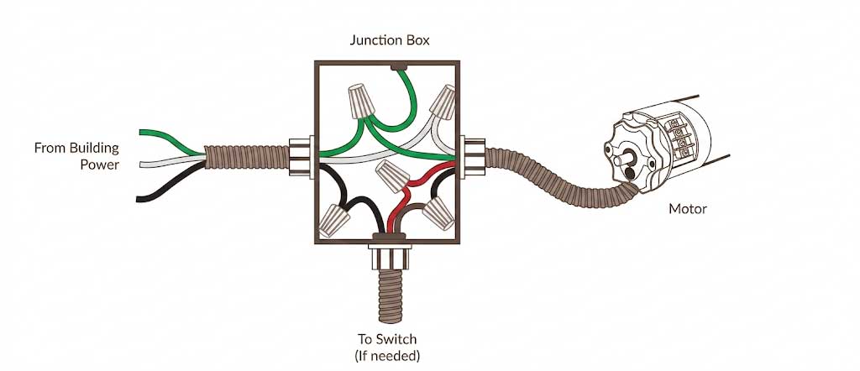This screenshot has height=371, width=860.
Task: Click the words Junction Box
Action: [390, 40]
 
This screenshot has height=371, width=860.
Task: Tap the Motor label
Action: [688, 209]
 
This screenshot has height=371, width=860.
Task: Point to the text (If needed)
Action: [387, 356]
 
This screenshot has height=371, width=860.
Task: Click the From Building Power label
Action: [76, 156]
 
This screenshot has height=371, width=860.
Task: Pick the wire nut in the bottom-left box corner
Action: [333, 220]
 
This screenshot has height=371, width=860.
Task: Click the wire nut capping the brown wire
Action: [438, 213]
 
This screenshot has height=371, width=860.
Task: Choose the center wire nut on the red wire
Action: [393, 176]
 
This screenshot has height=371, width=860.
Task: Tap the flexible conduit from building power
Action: [247, 157]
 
